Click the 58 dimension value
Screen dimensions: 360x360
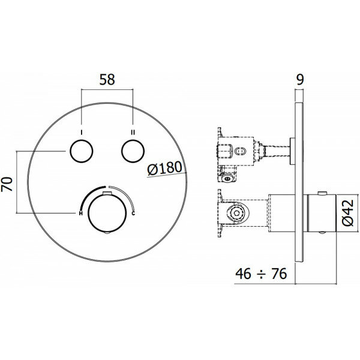point(107,79)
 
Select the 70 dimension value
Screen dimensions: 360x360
point(7,184)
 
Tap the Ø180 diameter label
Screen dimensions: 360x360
point(164,168)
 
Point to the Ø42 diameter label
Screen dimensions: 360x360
point(347,213)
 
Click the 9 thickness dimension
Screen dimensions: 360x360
point(300,79)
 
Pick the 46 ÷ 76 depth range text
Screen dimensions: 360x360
point(261,274)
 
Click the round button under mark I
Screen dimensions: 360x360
point(82,151)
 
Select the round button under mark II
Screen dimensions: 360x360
point(133,151)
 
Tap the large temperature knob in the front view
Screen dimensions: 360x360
point(107,213)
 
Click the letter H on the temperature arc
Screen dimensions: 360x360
point(80,213)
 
